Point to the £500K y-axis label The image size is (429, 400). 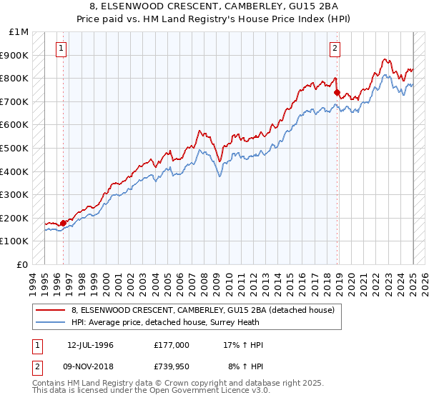tap(16, 149)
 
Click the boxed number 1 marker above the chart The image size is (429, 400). tap(61, 49)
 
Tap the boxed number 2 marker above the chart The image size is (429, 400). tap(335, 49)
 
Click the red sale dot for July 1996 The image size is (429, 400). tap(63, 223)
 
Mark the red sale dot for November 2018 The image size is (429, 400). tap(337, 92)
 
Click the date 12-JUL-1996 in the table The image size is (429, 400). tap(90, 345)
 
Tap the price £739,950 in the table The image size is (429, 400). tap(172, 366)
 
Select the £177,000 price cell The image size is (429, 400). tap(172, 345)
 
